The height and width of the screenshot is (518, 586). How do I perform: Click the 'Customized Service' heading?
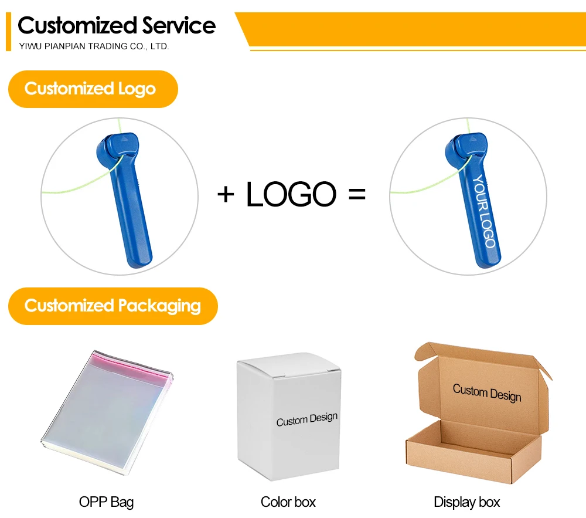point(117,26)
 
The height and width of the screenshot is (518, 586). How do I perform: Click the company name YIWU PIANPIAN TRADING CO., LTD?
point(94,46)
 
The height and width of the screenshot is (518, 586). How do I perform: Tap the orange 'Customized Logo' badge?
point(92,89)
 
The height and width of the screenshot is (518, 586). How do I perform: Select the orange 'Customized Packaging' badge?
point(113,306)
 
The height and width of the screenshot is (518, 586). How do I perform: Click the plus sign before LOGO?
point(226,194)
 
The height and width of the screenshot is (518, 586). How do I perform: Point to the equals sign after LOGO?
point(356,194)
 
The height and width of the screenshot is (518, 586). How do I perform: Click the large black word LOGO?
point(291,194)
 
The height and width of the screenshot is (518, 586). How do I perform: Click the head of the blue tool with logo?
point(468,146)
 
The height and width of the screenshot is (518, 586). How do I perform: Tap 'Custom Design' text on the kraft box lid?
point(486,392)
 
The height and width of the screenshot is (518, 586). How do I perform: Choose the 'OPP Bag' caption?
point(106,502)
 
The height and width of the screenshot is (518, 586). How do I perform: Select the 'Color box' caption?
point(288,502)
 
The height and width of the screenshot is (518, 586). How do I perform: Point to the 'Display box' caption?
point(467,502)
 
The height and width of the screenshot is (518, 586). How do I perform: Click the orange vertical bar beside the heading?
point(8,32)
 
